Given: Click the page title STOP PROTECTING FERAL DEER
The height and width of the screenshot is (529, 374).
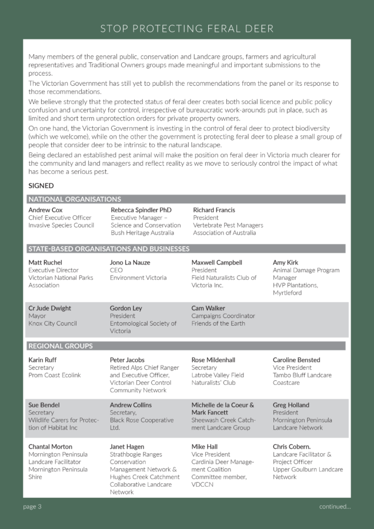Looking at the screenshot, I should [x=186, y=28].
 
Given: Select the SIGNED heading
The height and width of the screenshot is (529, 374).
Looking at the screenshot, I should [x=41, y=186].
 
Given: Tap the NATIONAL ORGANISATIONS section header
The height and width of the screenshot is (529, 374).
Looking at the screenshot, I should [x=75, y=199].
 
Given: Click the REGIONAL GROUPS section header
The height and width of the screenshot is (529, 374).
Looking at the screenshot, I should [x=61, y=346].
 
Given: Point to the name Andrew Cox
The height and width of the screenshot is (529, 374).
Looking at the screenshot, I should [x=45, y=210].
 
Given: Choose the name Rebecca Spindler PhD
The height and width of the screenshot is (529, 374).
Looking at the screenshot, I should [x=141, y=210].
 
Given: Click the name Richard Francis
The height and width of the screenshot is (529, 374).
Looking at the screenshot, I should [x=214, y=210].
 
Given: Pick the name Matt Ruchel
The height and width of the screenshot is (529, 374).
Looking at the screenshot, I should [x=45, y=262].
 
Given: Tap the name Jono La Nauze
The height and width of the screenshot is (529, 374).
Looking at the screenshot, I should [x=130, y=262].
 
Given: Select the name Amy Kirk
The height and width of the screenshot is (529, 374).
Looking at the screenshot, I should [x=285, y=262].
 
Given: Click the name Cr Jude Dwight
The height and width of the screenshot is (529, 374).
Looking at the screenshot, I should [x=49, y=308].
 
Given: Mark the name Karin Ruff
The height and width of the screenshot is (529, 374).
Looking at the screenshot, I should [x=43, y=360].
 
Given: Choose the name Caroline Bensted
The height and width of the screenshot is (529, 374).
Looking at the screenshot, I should [x=296, y=360].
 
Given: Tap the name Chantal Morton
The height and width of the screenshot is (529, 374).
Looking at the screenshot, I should [x=51, y=447].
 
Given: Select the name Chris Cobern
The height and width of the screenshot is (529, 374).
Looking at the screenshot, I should [x=292, y=447].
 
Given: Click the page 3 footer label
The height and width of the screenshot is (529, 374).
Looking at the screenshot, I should [x=32, y=506].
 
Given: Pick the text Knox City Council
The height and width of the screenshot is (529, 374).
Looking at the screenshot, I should [x=52, y=323].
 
